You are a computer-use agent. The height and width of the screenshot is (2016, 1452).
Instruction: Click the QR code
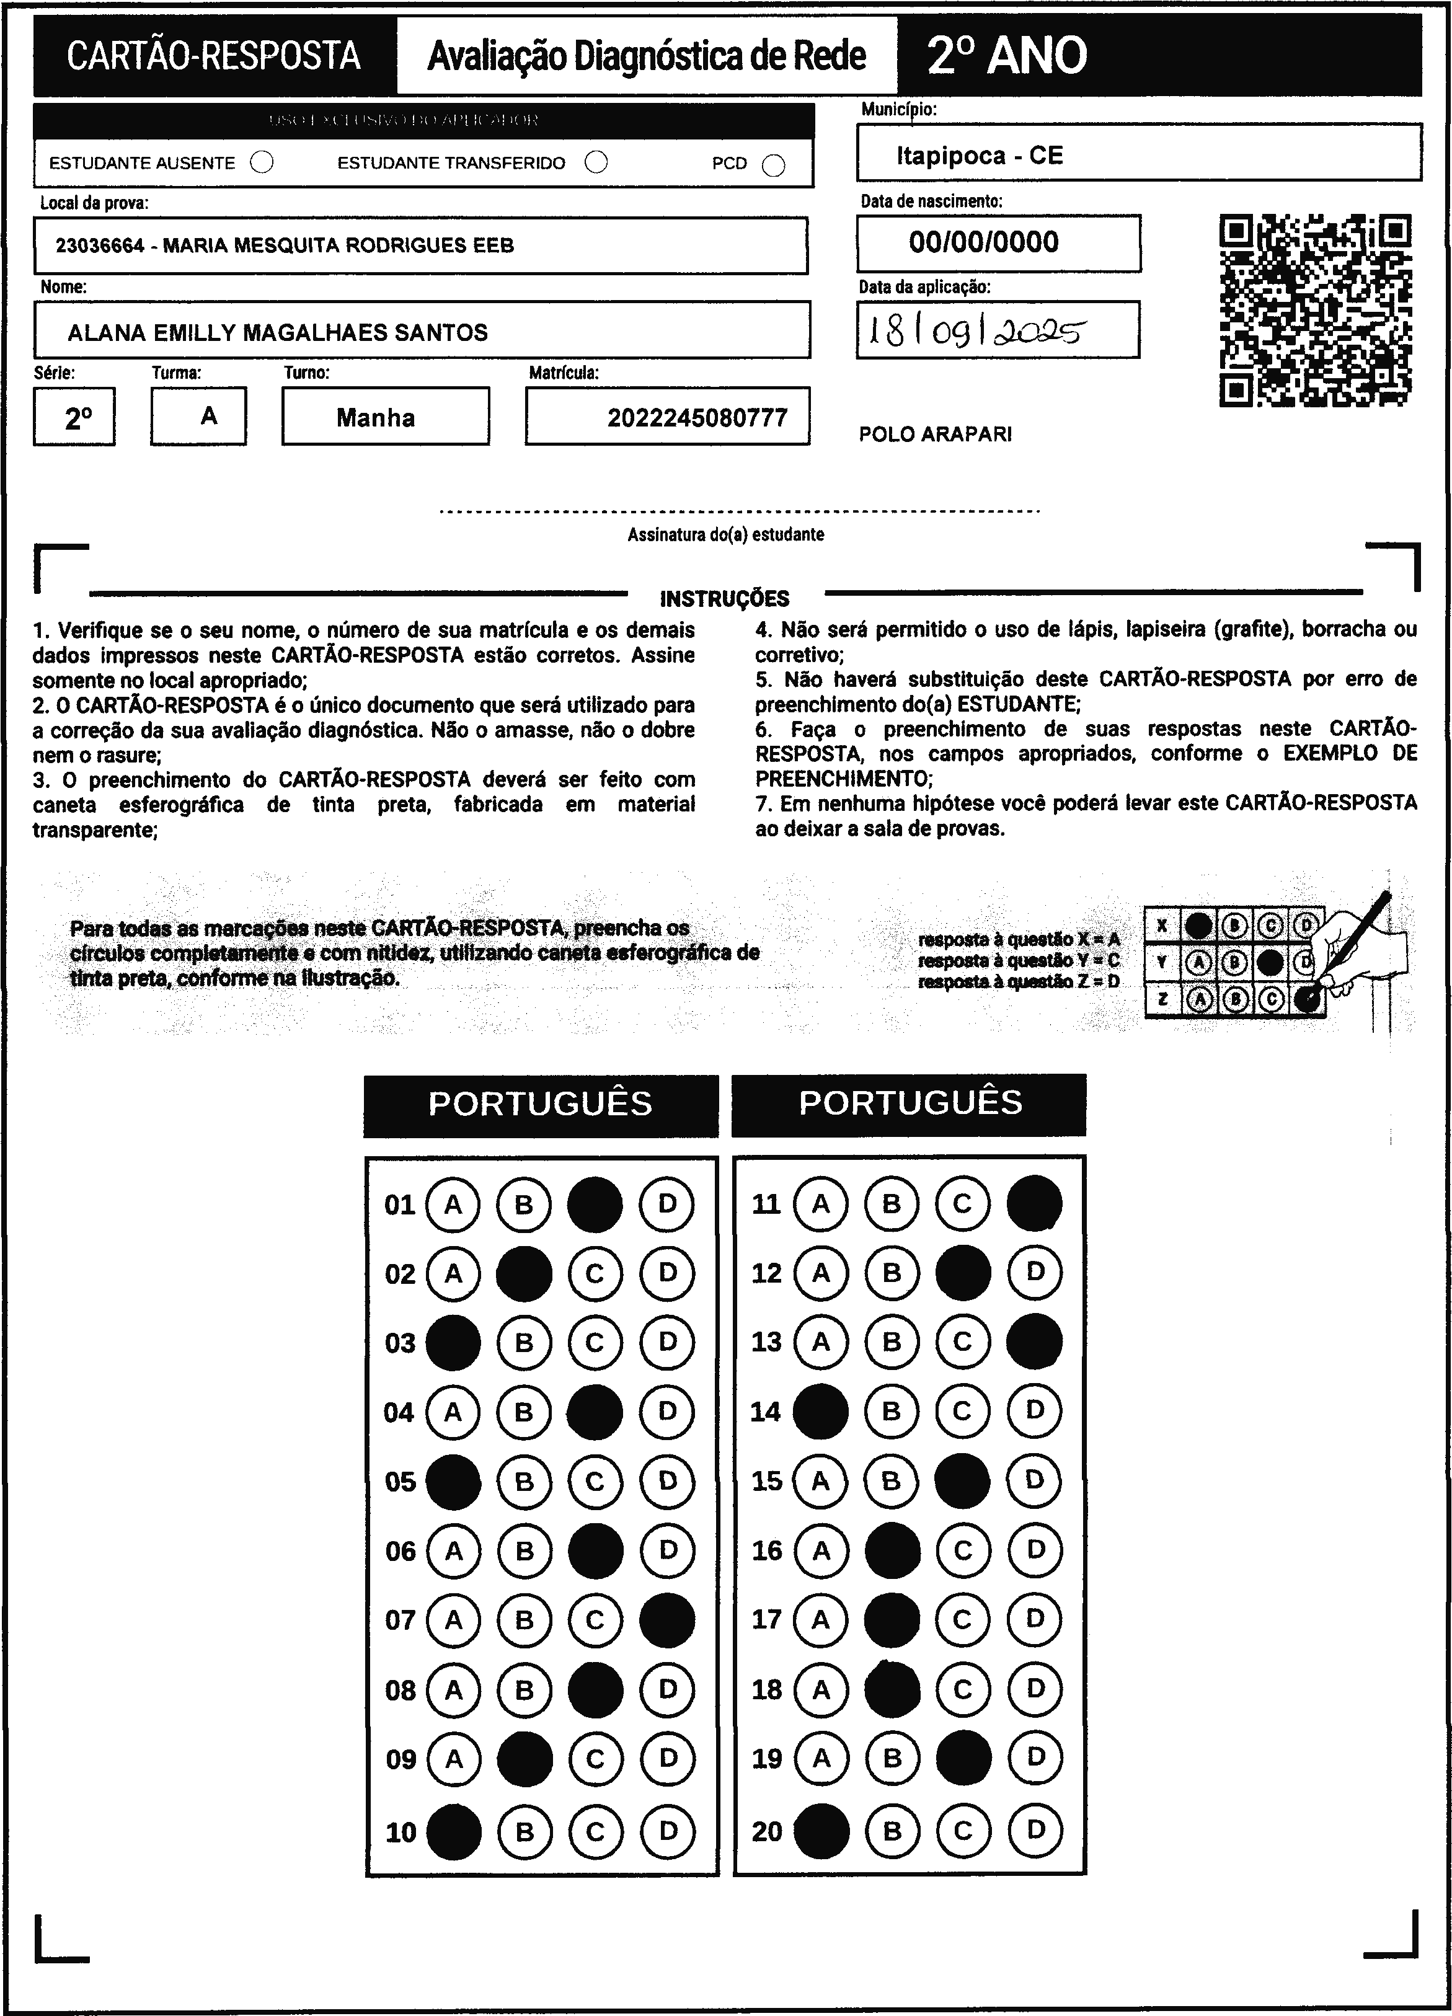click(1315, 310)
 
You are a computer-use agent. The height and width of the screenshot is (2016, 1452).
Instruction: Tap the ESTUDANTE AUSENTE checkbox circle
click(262, 162)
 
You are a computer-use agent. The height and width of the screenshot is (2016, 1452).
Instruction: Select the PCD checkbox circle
click(774, 166)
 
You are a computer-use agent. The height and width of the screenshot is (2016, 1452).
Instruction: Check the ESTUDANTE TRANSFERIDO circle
click(596, 162)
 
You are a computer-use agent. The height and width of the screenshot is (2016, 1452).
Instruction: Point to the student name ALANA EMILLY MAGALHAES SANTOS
click(277, 332)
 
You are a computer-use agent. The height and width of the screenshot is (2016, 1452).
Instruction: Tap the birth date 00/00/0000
click(983, 242)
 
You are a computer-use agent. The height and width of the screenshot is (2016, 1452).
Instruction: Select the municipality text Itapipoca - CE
click(979, 156)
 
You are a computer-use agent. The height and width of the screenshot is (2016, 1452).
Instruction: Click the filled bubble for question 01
click(595, 1205)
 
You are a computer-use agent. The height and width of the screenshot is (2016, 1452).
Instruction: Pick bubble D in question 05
click(667, 1482)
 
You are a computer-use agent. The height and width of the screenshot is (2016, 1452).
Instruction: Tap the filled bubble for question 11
click(1034, 1203)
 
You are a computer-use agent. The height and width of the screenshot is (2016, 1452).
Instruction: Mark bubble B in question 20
click(892, 1831)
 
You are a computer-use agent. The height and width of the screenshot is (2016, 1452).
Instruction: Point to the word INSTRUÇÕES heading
click(725, 598)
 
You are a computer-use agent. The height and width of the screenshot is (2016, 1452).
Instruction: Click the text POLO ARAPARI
click(934, 435)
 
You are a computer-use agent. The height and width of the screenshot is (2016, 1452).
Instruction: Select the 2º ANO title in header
click(1006, 56)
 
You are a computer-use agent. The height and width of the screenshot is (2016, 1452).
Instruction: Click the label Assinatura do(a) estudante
click(725, 535)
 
